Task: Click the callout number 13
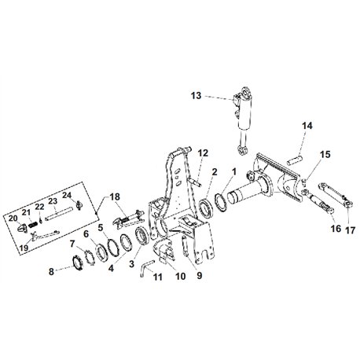tap(196, 96)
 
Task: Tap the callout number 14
tap(307, 126)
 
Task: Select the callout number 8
tap(51, 272)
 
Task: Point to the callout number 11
tap(157, 277)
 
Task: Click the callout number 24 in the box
tap(67, 196)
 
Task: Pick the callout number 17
tap(351, 230)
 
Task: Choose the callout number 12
tap(203, 152)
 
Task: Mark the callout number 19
tap(24, 248)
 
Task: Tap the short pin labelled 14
tap(295, 160)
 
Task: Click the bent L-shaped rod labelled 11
tap(146, 266)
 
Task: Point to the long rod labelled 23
tap(58, 214)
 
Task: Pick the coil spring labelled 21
tap(33, 225)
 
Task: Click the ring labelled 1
tap(221, 201)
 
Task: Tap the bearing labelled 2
tap(206, 208)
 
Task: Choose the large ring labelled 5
tap(112, 247)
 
